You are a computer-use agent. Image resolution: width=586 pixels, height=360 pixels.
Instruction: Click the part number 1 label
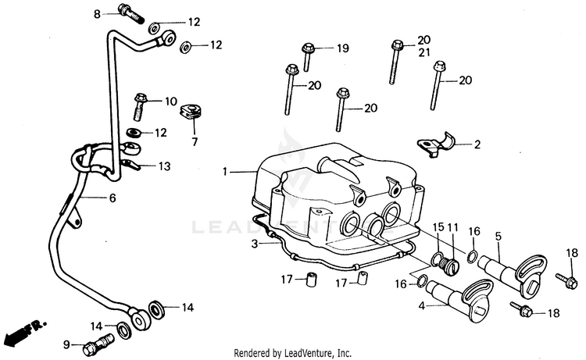click(225, 170)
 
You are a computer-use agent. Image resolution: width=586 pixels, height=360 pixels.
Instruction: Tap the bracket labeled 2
click(438, 143)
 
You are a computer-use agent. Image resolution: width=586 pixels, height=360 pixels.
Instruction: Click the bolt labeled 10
click(141, 99)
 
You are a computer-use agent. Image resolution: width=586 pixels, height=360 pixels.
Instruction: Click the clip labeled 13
click(130, 164)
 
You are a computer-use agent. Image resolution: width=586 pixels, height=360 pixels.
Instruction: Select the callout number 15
click(438, 227)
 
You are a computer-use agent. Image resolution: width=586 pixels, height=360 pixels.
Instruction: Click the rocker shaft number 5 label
click(498, 234)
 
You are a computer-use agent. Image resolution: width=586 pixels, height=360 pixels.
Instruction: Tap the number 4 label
click(422, 307)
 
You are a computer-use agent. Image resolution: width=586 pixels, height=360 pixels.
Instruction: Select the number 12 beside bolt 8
click(193, 23)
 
